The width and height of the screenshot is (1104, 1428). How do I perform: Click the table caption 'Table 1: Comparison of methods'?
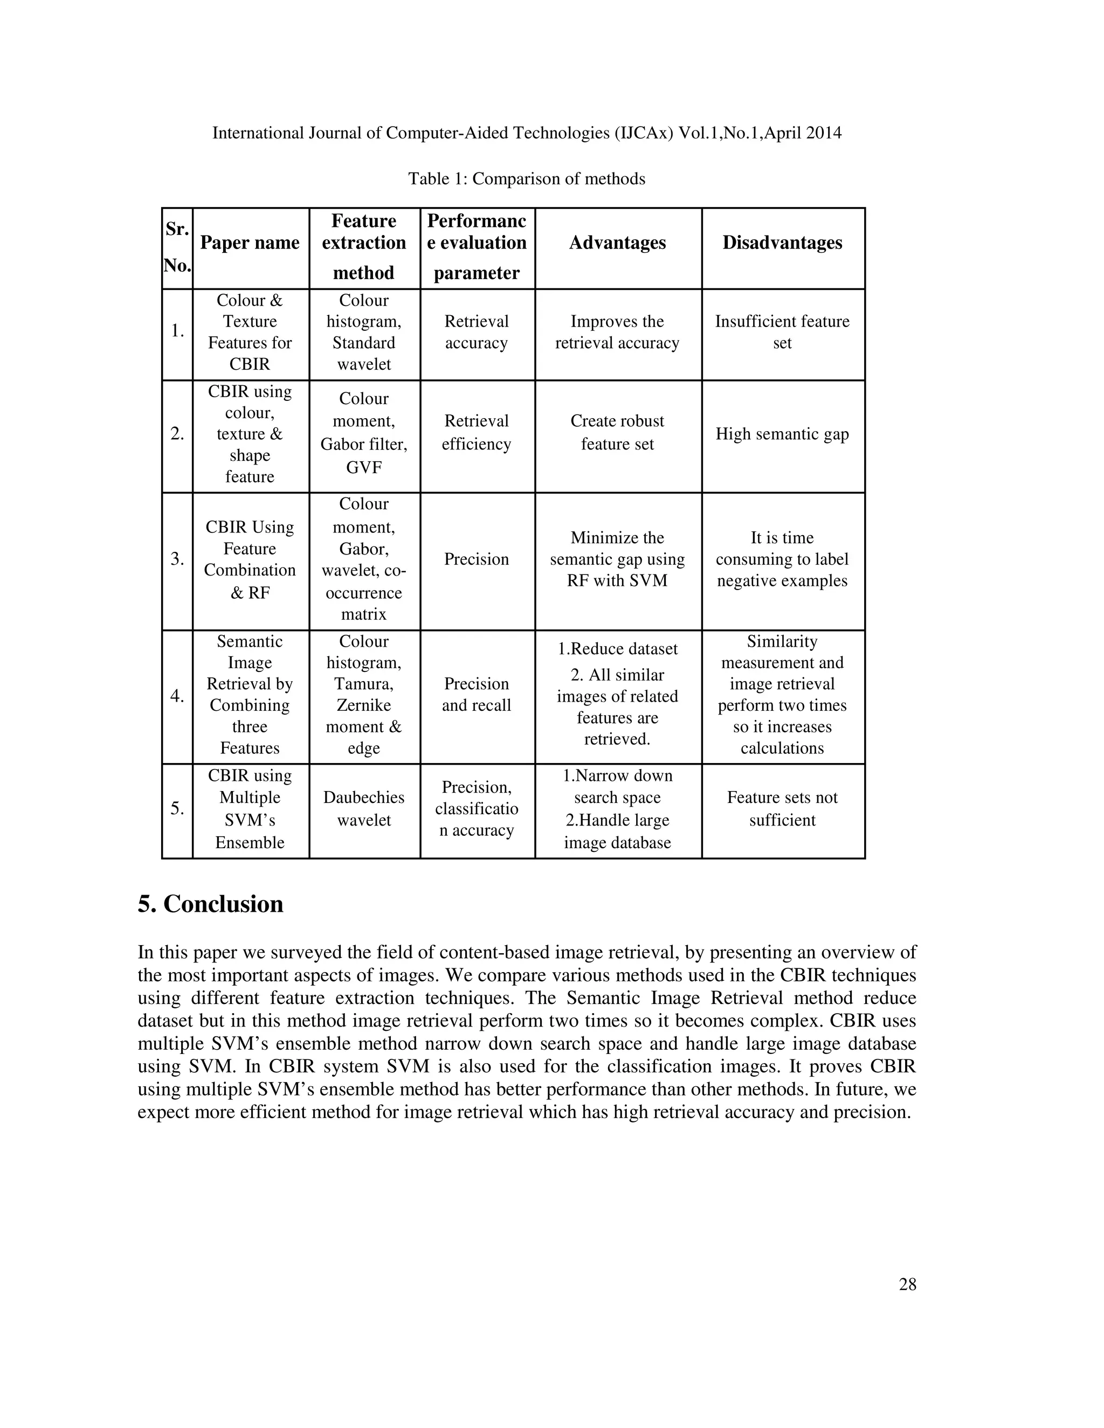527,179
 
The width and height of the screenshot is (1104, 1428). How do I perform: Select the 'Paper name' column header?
250,243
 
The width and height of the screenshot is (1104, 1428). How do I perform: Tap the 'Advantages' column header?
617,243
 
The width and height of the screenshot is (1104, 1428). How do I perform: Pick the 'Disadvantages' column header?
782,243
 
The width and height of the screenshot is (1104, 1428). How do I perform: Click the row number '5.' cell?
177,809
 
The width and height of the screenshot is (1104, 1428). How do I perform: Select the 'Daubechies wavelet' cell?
364,809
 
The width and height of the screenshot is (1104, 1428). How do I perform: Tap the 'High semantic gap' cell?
782,434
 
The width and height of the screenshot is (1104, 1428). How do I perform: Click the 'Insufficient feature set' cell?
782,332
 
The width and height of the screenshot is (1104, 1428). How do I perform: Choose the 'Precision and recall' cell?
476,695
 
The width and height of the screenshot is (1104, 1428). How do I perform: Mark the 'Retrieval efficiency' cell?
476,433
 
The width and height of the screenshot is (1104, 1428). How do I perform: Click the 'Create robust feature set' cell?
617,433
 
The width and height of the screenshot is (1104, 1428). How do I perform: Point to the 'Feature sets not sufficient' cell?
782,809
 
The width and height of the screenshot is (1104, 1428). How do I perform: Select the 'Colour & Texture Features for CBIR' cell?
250,332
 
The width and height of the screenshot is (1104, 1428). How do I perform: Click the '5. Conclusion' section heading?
211,904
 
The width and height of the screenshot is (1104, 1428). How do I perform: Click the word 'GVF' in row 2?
364,468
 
